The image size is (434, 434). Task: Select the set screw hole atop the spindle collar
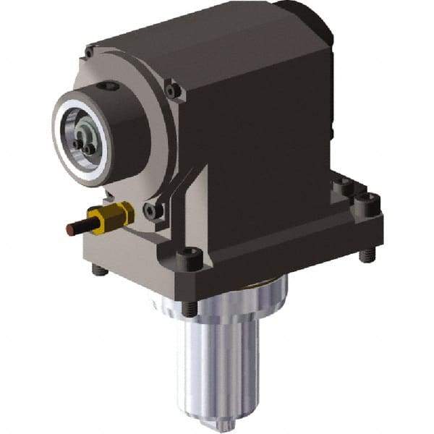(109, 88)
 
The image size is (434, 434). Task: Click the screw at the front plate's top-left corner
(89, 52)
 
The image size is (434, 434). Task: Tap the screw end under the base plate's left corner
(99, 271)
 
